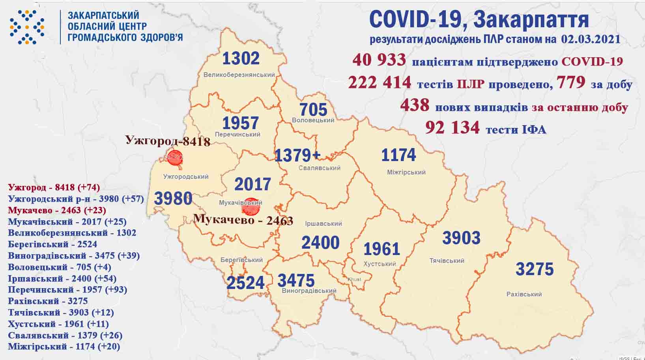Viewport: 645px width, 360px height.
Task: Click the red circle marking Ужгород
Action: [x=175, y=157]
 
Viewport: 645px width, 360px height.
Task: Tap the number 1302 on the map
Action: [x=241, y=59]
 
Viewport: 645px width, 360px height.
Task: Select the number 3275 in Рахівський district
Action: [x=535, y=269]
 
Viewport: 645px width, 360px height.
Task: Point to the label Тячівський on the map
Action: [x=447, y=261]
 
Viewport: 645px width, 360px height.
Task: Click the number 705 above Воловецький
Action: [x=313, y=109]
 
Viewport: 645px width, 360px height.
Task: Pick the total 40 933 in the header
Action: [x=379, y=60]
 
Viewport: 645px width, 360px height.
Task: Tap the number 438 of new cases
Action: [x=415, y=105]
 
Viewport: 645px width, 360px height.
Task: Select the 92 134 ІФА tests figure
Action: [x=452, y=127]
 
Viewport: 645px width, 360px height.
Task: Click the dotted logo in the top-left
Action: [x=27, y=27]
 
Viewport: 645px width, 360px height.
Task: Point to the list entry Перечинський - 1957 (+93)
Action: [x=67, y=290]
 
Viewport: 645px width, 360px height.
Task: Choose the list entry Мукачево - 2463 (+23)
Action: [x=57, y=210]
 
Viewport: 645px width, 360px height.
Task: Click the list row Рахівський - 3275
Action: [x=48, y=301]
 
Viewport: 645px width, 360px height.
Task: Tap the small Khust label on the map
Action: [x=354, y=279]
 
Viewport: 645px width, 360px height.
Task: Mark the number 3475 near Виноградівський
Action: [x=296, y=281]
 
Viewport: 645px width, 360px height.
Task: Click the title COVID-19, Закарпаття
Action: [x=479, y=19]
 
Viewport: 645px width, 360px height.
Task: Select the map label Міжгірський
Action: [x=406, y=172]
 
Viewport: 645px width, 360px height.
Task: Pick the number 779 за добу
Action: [x=570, y=82]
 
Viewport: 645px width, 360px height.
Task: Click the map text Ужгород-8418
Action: [x=168, y=141]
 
